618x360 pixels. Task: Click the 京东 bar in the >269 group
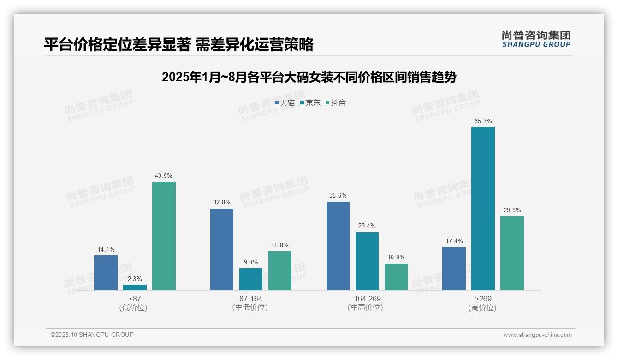483,209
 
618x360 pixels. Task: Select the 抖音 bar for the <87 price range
164,236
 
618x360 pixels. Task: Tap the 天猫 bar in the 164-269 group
338,246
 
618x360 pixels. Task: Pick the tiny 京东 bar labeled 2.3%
135,288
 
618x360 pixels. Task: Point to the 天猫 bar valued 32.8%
222,249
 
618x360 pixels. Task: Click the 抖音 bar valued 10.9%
396,277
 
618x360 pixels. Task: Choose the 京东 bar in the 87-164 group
251,279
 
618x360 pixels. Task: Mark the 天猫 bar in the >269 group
454,269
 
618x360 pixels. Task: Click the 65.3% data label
483,121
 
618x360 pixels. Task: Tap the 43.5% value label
164,176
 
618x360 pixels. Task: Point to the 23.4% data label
367,226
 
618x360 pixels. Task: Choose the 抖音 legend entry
336,103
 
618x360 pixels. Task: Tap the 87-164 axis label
250,299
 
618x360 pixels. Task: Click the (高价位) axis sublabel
482,307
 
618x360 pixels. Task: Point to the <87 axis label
135,299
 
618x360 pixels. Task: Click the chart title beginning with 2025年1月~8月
309,77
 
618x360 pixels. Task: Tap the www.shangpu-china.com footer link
537,335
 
